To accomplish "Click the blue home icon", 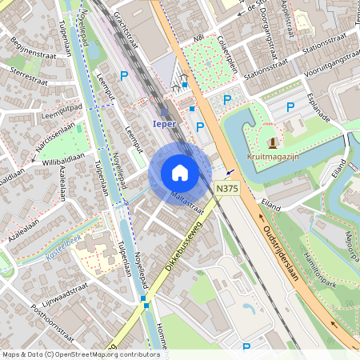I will pos(180,173).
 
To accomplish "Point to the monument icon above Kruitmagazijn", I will pos(273,143).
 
